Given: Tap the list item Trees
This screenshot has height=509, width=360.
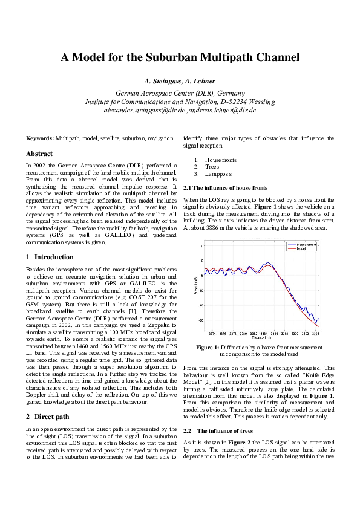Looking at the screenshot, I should click(212, 167).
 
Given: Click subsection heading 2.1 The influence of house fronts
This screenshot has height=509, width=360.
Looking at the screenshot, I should click(224, 188).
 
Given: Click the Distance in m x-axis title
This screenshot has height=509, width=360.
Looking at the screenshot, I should click(261, 339).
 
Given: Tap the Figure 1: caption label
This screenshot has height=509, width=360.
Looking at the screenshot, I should click(208, 348).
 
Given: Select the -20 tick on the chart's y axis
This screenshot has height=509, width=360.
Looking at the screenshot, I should click(203, 320).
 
